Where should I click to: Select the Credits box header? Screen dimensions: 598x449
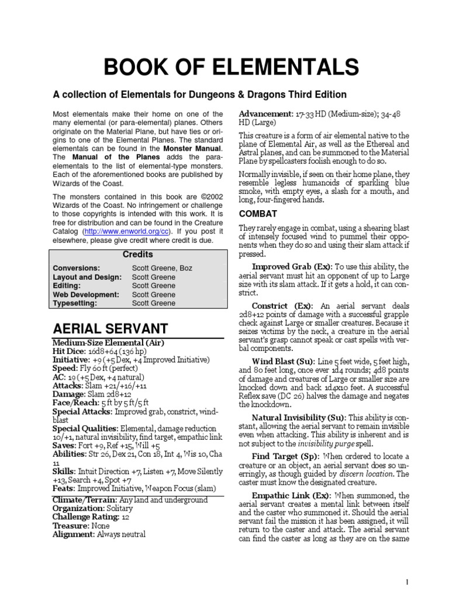[138, 255]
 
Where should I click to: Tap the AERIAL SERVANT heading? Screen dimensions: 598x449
[110, 328]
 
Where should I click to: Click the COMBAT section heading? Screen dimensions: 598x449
[257, 214]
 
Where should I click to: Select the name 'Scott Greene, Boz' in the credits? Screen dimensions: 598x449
[162, 269]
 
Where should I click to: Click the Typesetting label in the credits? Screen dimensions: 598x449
[75, 304]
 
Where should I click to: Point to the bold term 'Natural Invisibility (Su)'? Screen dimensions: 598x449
[298, 418]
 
